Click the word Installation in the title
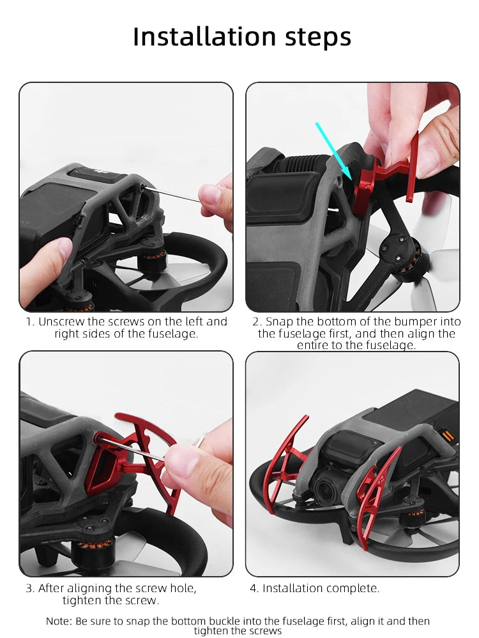click(191, 37)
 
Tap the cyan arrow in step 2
click(333, 151)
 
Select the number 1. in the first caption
click(30, 322)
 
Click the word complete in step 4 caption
click(353, 588)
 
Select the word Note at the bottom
click(59, 621)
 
